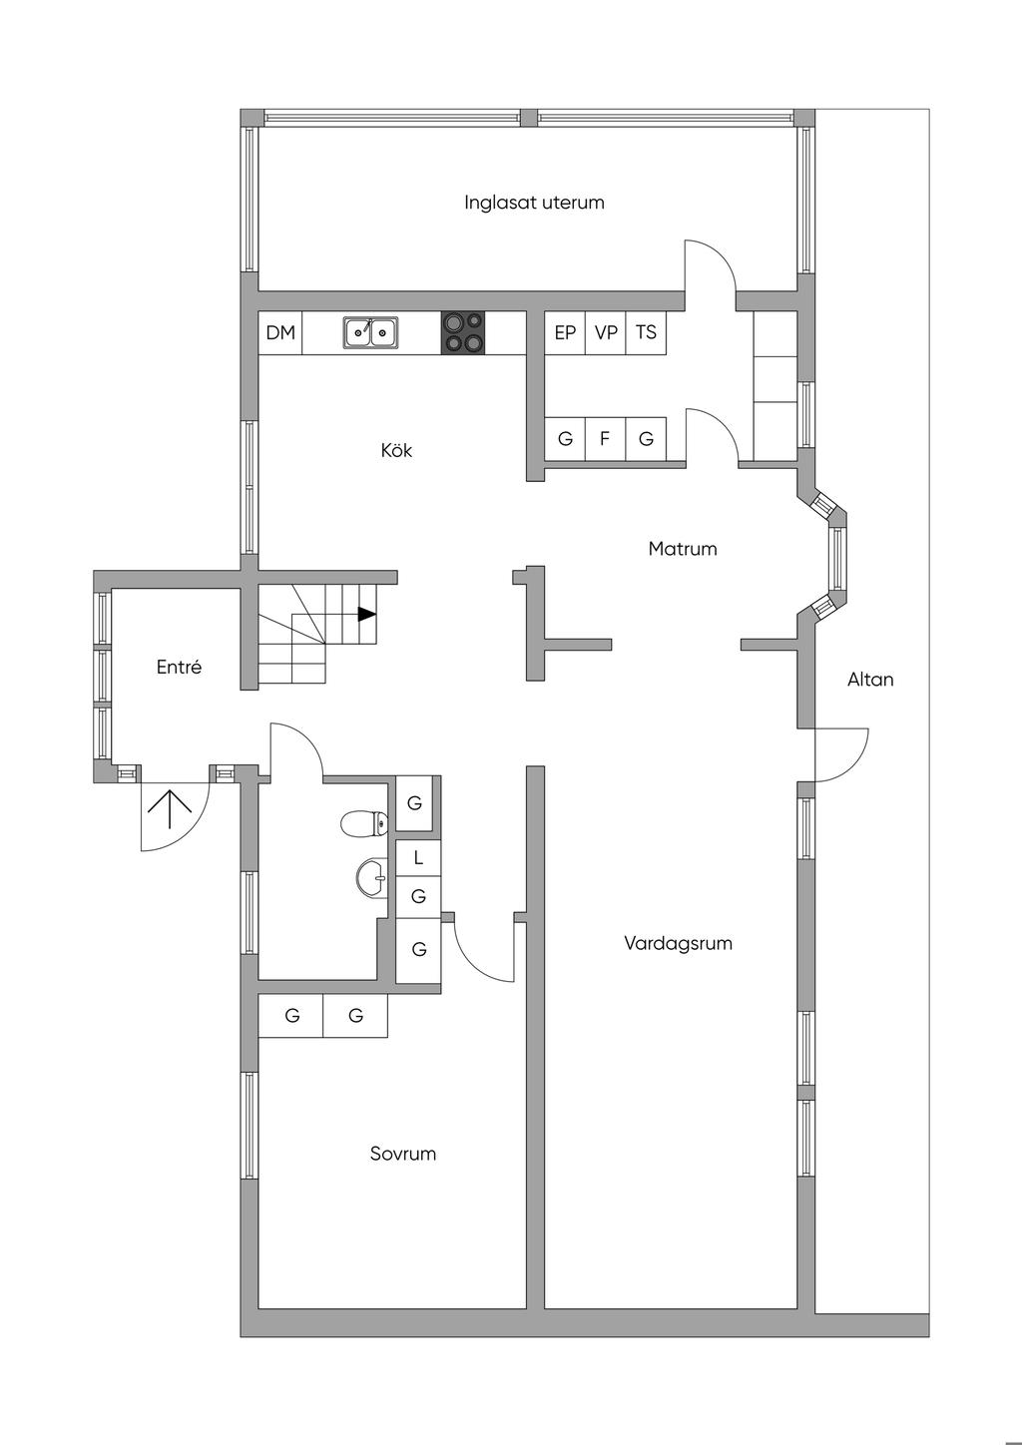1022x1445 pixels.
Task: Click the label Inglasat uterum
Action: tap(534, 203)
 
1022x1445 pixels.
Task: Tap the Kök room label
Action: tap(396, 450)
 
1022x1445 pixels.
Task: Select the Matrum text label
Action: tap(682, 548)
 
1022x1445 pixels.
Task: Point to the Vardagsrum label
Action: tap(678, 943)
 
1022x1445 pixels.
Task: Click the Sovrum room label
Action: tap(402, 1154)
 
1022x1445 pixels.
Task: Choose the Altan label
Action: tap(869, 680)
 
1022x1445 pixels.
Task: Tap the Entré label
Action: tap(179, 667)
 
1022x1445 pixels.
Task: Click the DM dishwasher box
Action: tap(280, 333)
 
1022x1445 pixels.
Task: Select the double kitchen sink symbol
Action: tap(370, 332)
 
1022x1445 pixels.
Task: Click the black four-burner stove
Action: tap(463, 332)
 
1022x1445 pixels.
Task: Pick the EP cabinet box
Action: tap(565, 333)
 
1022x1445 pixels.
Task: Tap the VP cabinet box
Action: tap(606, 333)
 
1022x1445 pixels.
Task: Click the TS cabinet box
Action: tap(647, 333)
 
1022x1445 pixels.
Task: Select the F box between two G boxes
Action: tap(605, 439)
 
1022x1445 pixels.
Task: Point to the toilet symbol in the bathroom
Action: tap(363, 824)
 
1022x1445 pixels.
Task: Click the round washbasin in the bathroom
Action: tap(372, 878)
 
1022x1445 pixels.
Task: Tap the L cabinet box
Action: tap(418, 857)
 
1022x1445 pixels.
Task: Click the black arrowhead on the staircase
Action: tap(366, 615)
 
